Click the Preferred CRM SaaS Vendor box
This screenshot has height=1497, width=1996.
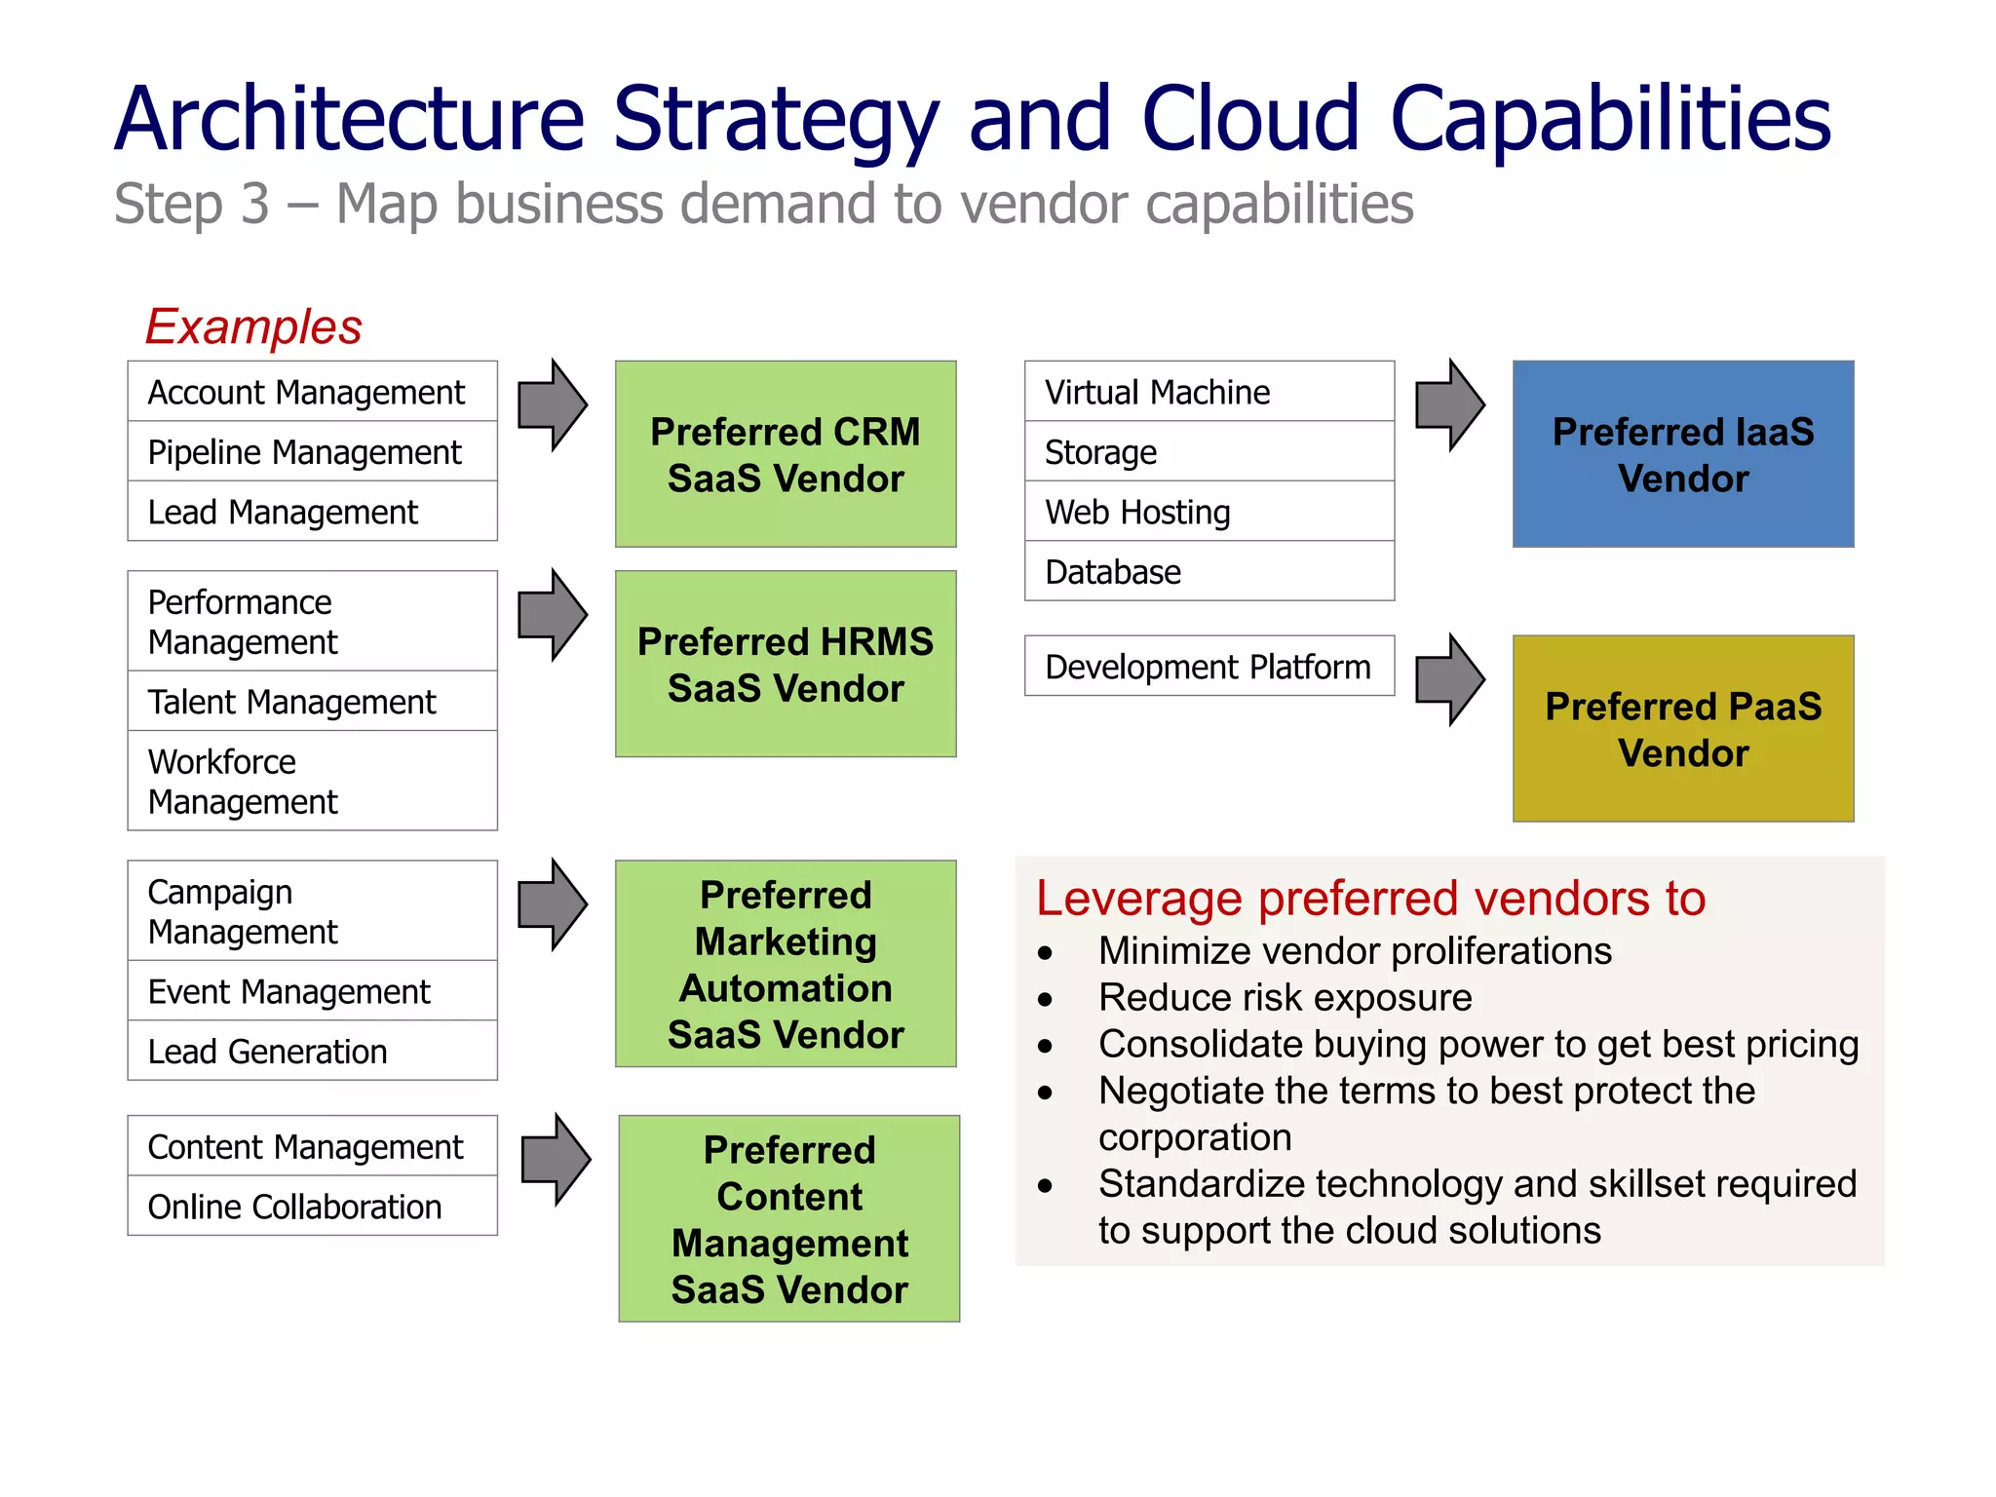click(786, 454)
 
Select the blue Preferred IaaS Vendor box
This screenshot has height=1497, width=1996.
click(1682, 454)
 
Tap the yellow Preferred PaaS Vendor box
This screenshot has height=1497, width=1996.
click(1682, 728)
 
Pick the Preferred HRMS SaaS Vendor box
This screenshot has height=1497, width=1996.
click(786, 664)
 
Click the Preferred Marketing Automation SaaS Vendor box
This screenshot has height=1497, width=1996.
click(786, 963)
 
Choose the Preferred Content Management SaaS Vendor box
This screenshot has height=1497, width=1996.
click(788, 1218)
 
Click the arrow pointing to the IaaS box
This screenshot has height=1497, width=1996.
click(1449, 404)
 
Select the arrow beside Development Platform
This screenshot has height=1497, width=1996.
click(1449, 679)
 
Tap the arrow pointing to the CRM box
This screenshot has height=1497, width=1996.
click(552, 404)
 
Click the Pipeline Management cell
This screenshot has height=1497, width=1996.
click(312, 452)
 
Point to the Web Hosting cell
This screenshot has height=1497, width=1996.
click(1209, 512)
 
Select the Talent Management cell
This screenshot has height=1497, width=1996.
click(312, 702)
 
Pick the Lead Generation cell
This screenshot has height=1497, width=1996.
click(312, 1052)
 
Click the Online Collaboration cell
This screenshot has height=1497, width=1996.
click(312, 1207)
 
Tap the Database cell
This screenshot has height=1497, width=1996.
click(1209, 572)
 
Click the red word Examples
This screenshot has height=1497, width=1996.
click(253, 326)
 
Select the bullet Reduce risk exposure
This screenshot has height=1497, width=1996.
click(1285, 998)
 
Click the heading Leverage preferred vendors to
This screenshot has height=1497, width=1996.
click(1369, 898)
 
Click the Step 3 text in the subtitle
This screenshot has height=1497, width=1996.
click(192, 205)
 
